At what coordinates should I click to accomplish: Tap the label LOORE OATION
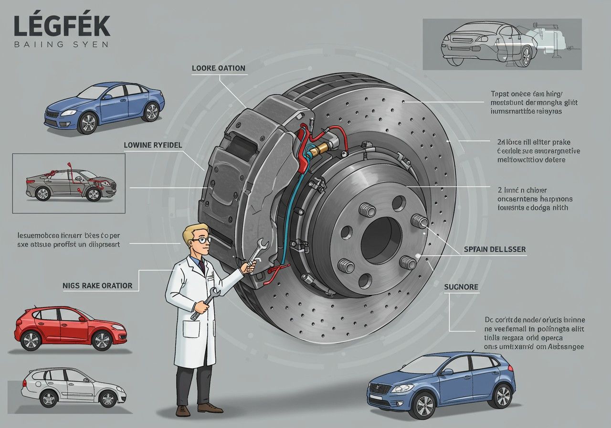pos(218,68)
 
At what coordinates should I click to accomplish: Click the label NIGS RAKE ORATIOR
pos(97,286)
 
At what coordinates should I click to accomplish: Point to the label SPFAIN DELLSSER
pos(495,250)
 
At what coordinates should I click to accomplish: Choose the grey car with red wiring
pos(71,184)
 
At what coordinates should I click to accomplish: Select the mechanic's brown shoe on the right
pos(210,407)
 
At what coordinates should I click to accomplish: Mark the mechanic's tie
pos(202,265)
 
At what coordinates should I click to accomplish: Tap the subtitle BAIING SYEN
pos(61,44)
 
